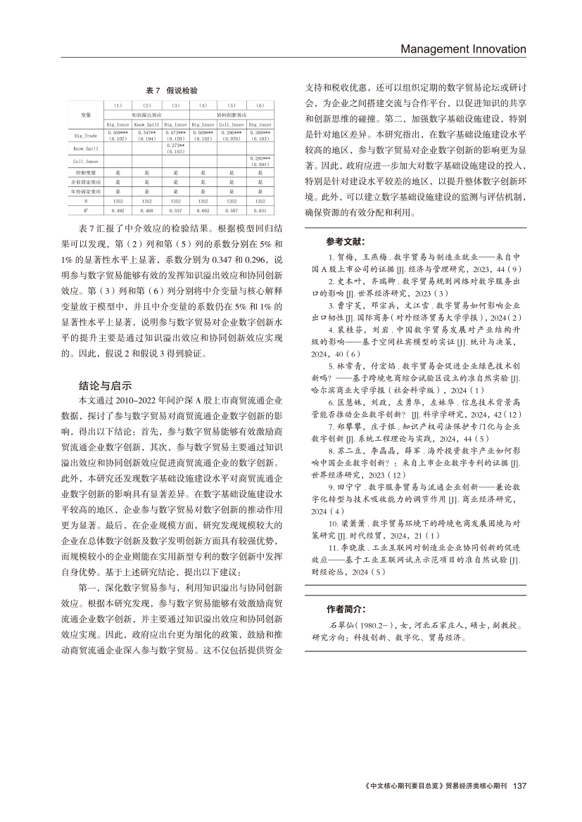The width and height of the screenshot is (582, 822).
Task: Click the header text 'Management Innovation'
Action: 463,49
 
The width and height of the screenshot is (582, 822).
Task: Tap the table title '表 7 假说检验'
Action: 171,91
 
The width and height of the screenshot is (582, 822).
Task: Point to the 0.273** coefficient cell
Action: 175,145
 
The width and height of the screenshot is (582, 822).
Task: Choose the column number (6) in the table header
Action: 260,105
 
